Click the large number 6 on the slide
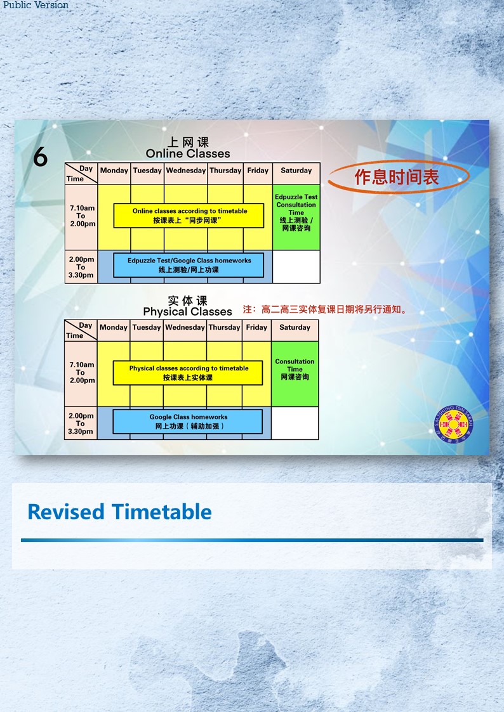click(40, 157)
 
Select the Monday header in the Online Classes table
click(114, 171)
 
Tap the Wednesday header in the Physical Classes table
click(185, 327)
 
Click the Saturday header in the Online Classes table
click(296, 171)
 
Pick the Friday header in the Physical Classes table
click(256, 327)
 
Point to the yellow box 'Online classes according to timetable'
click(189, 216)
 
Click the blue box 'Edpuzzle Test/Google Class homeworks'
click(189, 265)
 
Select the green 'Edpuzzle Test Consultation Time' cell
click(296, 217)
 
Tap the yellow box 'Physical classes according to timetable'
click(188, 373)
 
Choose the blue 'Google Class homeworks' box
click(188, 422)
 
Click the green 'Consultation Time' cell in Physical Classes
click(295, 373)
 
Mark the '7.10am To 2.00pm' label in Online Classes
click(83, 216)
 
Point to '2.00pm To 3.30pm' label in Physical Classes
click(81, 424)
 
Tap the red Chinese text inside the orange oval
click(397, 177)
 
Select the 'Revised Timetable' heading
click(119, 512)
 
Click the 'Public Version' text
click(36, 5)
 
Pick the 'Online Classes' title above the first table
click(188, 154)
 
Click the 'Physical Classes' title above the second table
click(187, 311)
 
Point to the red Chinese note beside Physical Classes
click(326, 309)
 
